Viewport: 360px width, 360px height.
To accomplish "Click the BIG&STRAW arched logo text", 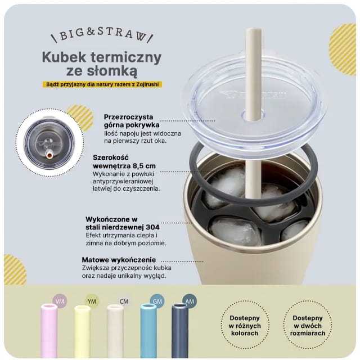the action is [102, 35].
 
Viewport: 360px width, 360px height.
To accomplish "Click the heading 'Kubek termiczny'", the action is [102, 57].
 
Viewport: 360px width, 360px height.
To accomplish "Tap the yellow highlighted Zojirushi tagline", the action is [102, 84].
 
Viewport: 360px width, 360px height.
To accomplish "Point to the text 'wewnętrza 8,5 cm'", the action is [124, 165].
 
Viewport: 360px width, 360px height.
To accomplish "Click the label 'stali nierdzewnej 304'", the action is [123, 227].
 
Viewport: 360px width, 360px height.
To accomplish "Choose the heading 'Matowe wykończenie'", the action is [119, 260].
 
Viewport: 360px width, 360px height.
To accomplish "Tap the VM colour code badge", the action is [60, 301].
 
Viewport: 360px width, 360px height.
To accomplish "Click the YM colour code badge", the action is [92, 301].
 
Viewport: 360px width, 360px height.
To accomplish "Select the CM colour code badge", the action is [124, 301].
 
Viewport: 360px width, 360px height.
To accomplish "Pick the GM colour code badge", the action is [157, 301].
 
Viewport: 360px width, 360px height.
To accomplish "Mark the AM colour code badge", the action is [190, 301].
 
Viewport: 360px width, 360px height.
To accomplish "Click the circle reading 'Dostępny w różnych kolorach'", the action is [245, 325].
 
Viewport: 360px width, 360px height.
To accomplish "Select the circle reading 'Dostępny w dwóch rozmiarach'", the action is [308, 325].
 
